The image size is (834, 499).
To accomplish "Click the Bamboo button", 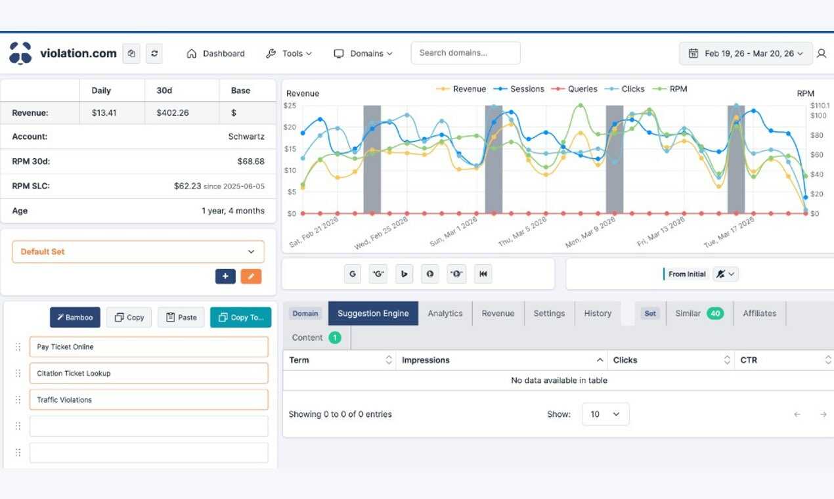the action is (x=75, y=317).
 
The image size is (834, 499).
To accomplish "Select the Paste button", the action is (x=181, y=317).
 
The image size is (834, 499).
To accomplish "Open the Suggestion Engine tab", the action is (x=373, y=313).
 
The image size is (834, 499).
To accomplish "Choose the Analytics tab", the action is (x=445, y=313).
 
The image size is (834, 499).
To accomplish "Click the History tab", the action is (x=598, y=313).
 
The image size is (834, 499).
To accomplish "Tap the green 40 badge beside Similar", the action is (x=715, y=314).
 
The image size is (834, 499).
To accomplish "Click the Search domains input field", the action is (x=466, y=53).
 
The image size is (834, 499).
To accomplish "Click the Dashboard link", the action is (x=215, y=54).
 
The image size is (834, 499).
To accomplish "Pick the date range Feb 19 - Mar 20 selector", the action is (x=746, y=54).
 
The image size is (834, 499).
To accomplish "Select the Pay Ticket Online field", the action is (x=149, y=347).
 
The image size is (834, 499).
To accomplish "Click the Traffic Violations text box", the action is (x=149, y=400).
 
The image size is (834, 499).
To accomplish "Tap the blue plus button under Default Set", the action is (x=225, y=276).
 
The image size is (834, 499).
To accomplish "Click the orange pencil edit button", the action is (x=251, y=276).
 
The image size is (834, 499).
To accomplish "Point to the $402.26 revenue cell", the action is (x=173, y=113).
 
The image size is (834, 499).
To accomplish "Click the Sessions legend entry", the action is (x=519, y=89).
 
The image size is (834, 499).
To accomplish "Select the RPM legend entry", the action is (x=670, y=89).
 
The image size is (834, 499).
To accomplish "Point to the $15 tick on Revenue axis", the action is (x=290, y=149).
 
